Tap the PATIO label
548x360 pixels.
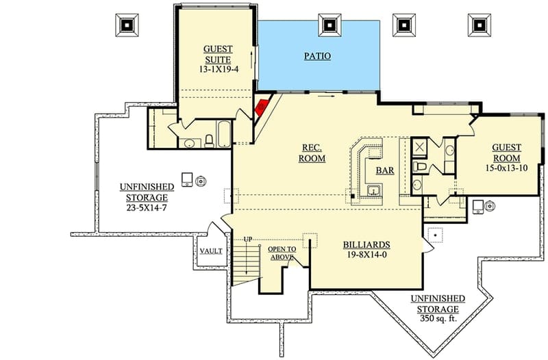click(317, 55)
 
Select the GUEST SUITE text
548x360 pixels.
click(217, 54)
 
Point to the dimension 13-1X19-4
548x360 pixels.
click(217, 69)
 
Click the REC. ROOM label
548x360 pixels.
click(312, 153)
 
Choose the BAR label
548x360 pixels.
click(385, 170)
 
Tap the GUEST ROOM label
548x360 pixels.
click(506, 152)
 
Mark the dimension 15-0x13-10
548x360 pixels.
click(506, 168)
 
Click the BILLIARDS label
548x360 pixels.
click(366, 244)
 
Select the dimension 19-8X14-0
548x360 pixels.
click(366, 255)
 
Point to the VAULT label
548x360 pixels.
click(210, 251)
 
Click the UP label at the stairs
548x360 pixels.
click(248, 239)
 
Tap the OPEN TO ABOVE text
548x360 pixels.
click(282, 253)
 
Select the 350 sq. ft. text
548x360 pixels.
click(438, 319)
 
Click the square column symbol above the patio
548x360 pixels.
click(332, 24)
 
